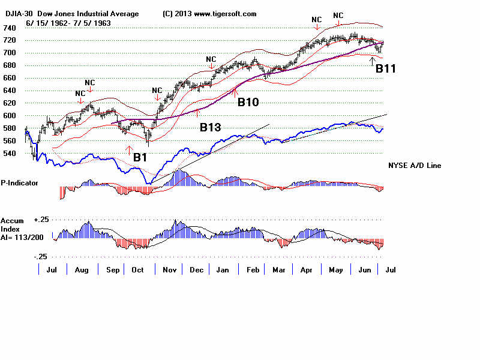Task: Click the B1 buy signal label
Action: [140, 157]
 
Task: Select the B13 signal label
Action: [211, 127]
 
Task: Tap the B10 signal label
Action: [248, 102]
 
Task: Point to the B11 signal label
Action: [386, 69]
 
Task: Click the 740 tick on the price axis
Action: [9, 28]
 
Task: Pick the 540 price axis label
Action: [9, 153]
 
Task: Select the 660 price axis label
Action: [9, 78]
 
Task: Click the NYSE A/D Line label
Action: [415, 165]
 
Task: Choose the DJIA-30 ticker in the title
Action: [17, 14]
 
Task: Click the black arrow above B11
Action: [373, 60]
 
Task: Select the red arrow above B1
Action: [128, 148]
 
